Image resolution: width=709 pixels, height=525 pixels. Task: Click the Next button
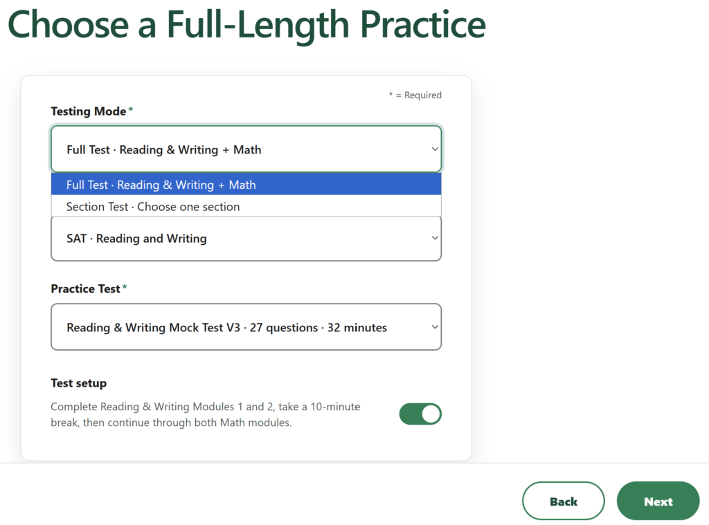658,501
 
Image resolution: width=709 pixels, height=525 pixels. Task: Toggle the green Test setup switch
420,414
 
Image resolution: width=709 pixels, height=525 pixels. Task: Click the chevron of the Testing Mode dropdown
435,149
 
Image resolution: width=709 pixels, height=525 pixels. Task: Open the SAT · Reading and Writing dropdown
246,239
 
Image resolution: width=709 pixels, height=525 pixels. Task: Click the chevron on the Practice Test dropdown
435,326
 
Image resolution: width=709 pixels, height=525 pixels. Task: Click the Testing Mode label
88,111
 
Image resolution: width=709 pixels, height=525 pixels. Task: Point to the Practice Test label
85,288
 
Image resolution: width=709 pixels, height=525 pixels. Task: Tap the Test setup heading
79,383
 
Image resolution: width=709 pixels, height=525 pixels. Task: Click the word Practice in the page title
423,25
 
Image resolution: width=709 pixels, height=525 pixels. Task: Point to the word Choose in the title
69,25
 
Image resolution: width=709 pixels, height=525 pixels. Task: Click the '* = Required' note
415,95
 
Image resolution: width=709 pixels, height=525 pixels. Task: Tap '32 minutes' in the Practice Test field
357,328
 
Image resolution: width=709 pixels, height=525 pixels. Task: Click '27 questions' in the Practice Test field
284,328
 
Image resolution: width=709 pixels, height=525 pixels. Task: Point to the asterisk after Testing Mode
131,109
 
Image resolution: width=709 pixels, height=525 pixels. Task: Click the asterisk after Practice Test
125,286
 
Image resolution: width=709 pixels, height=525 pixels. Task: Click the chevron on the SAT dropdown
435,238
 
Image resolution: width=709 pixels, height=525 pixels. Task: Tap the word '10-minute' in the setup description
335,407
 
